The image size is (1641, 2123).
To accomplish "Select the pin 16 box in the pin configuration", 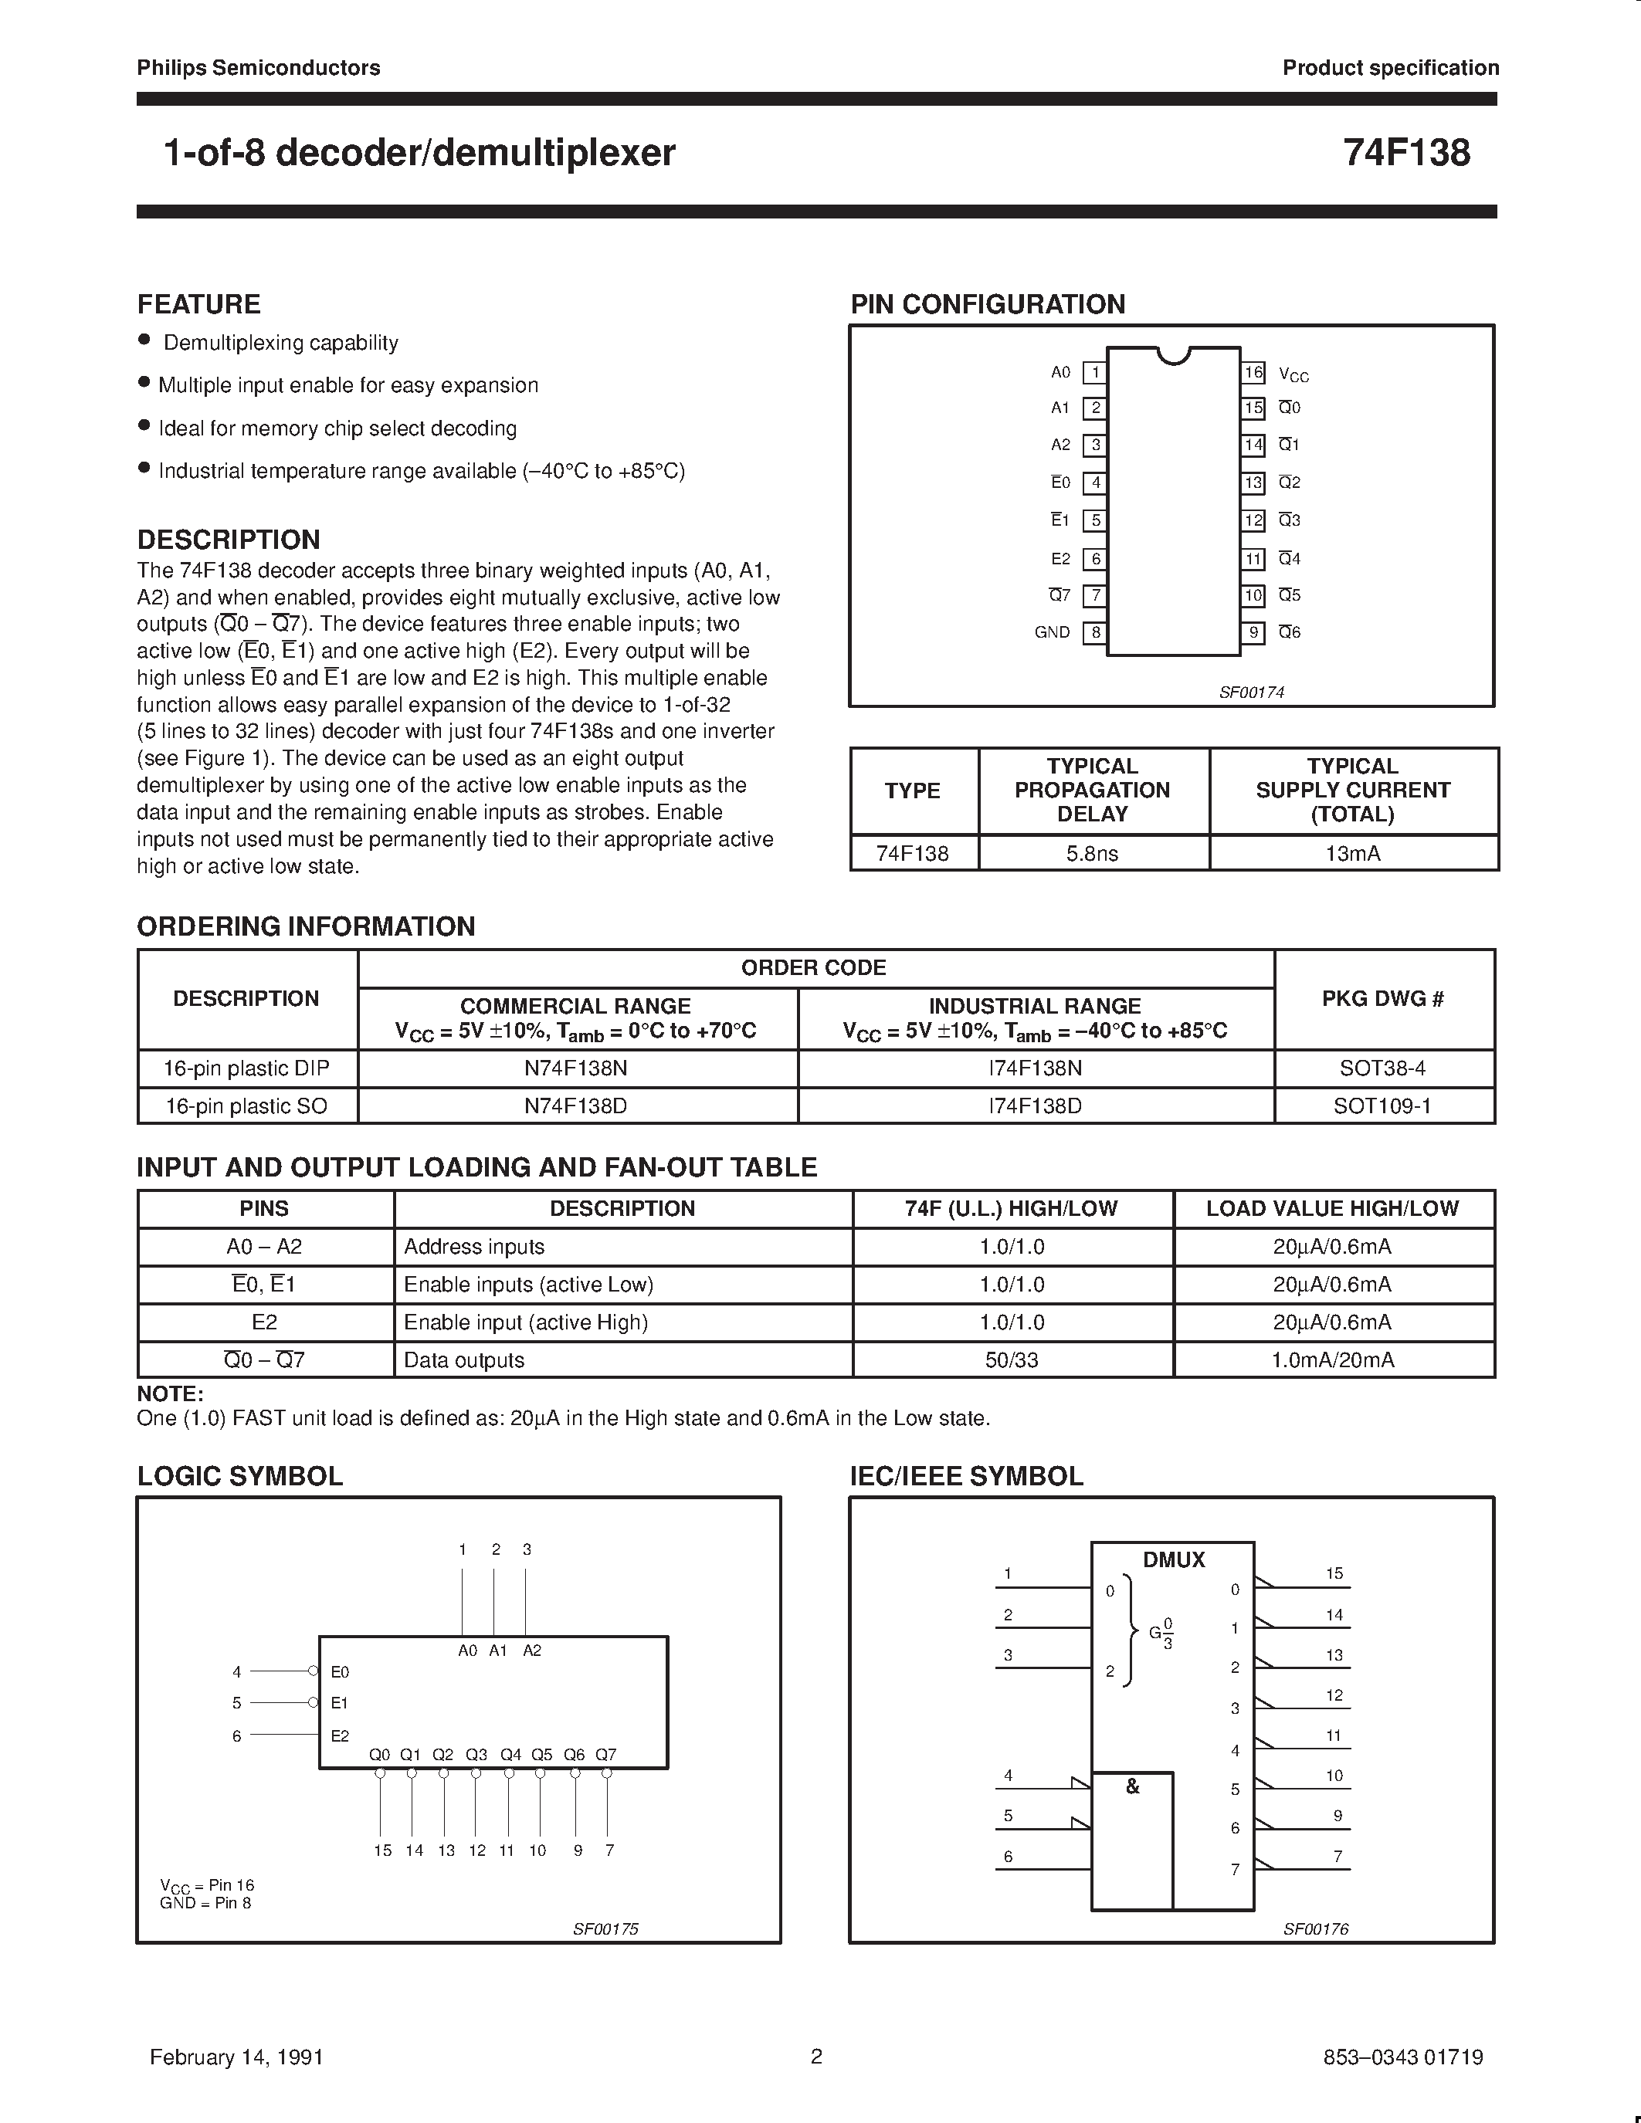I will [x=1253, y=372].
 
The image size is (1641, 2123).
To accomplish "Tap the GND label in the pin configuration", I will [x=1052, y=631].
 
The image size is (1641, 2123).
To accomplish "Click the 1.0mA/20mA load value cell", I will [x=1332, y=1360].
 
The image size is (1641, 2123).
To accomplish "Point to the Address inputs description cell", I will [x=474, y=1246].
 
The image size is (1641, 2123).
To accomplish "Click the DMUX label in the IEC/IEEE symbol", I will [x=1173, y=1559].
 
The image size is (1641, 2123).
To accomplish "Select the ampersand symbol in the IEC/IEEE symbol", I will [x=1131, y=1786].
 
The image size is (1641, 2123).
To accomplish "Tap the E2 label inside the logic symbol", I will [x=339, y=1735].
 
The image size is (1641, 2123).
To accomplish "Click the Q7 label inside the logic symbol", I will [x=605, y=1755].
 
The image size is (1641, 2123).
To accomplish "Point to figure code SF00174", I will [x=1251, y=692].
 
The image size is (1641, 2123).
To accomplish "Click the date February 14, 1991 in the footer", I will [x=236, y=2056].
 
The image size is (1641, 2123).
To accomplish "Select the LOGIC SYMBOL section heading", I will [x=240, y=1475].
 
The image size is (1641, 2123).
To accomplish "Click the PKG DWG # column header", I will [x=1382, y=998].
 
